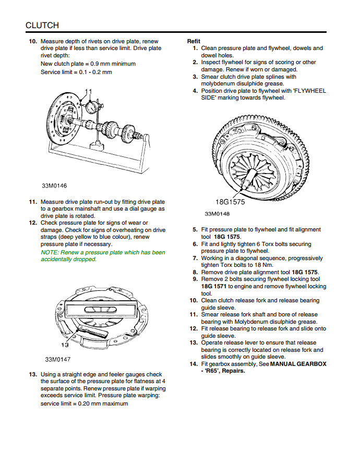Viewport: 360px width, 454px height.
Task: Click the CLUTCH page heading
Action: (x=42, y=25)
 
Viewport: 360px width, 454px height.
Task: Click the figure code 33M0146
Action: (x=55, y=186)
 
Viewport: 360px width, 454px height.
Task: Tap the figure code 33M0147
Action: (x=57, y=359)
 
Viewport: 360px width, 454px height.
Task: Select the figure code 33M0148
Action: (x=217, y=214)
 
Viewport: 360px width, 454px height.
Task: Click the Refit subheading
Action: (x=194, y=41)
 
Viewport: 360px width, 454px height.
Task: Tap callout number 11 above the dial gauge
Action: (x=88, y=92)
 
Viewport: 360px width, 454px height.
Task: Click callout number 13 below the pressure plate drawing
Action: (x=66, y=345)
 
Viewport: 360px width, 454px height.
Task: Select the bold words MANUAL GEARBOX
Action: (x=298, y=364)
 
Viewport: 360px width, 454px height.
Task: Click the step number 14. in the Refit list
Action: (x=193, y=364)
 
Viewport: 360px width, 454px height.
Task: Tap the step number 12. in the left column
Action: (x=32, y=223)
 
